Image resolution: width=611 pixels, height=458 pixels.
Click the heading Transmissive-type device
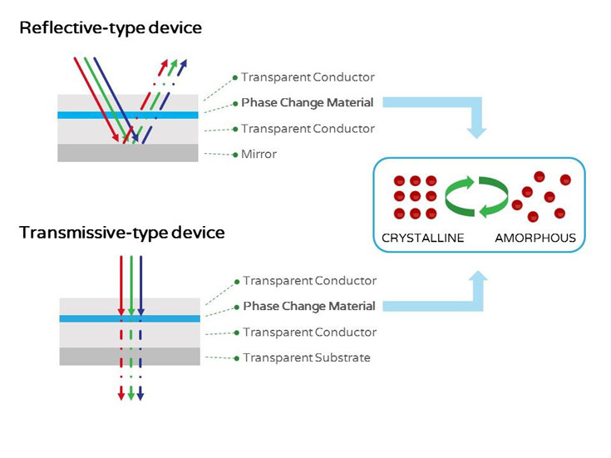click(x=122, y=233)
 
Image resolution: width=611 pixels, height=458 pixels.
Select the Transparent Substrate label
click(x=306, y=358)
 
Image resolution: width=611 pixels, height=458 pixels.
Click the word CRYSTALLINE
click(x=422, y=239)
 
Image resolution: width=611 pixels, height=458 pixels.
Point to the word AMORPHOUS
click(x=535, y=239)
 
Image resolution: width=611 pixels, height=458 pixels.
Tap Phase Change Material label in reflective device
click(x=307, y=103)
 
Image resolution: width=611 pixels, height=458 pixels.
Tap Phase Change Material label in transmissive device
click(x=308, y=307)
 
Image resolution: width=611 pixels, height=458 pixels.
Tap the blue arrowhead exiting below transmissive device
click(x=140, y=394)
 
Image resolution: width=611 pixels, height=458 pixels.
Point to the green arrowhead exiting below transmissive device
click(x=131, y=394)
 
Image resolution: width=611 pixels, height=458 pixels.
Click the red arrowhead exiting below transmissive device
click(x=121, y=394)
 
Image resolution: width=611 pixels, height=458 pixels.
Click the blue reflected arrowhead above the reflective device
click(x=184, y=63)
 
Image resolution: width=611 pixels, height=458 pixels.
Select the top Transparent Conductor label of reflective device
click(x=308, y=77)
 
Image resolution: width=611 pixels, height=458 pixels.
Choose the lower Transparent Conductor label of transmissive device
click(x=309, y=332)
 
